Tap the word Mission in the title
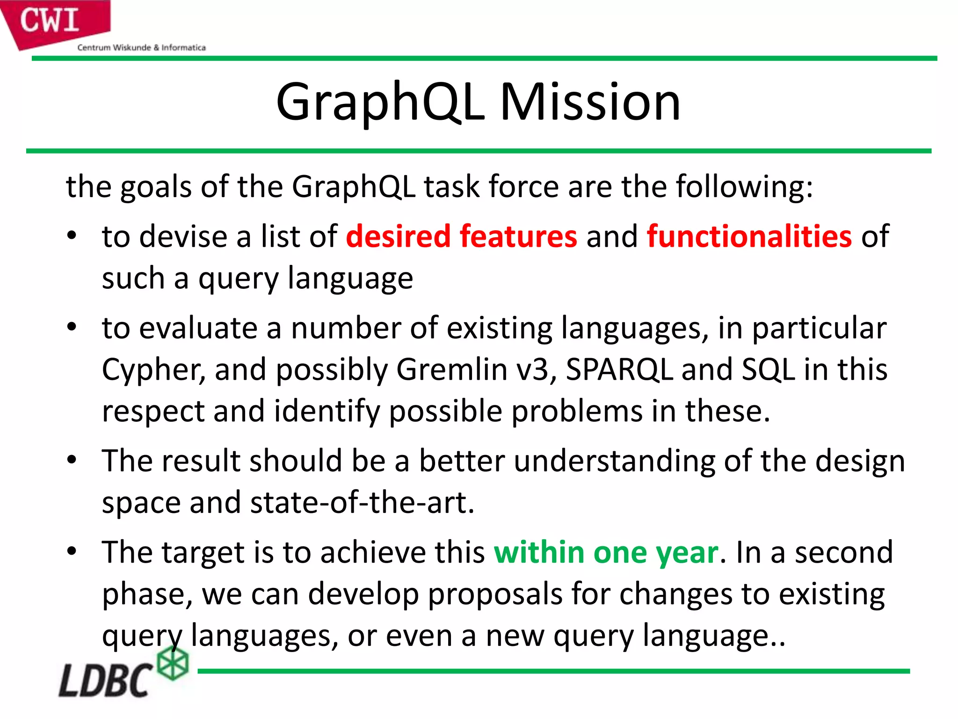click(590, 102)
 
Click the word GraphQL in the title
click(380, 102)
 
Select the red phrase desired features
click(461, 236)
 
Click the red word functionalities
click(749, 236)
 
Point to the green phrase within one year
click(606, 552)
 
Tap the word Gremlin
click(451, 370)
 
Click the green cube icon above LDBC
click(173, 663)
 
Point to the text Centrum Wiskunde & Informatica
click(141, 47)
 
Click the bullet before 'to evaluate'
click(71, 327)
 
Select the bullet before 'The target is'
click(71, 551)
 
